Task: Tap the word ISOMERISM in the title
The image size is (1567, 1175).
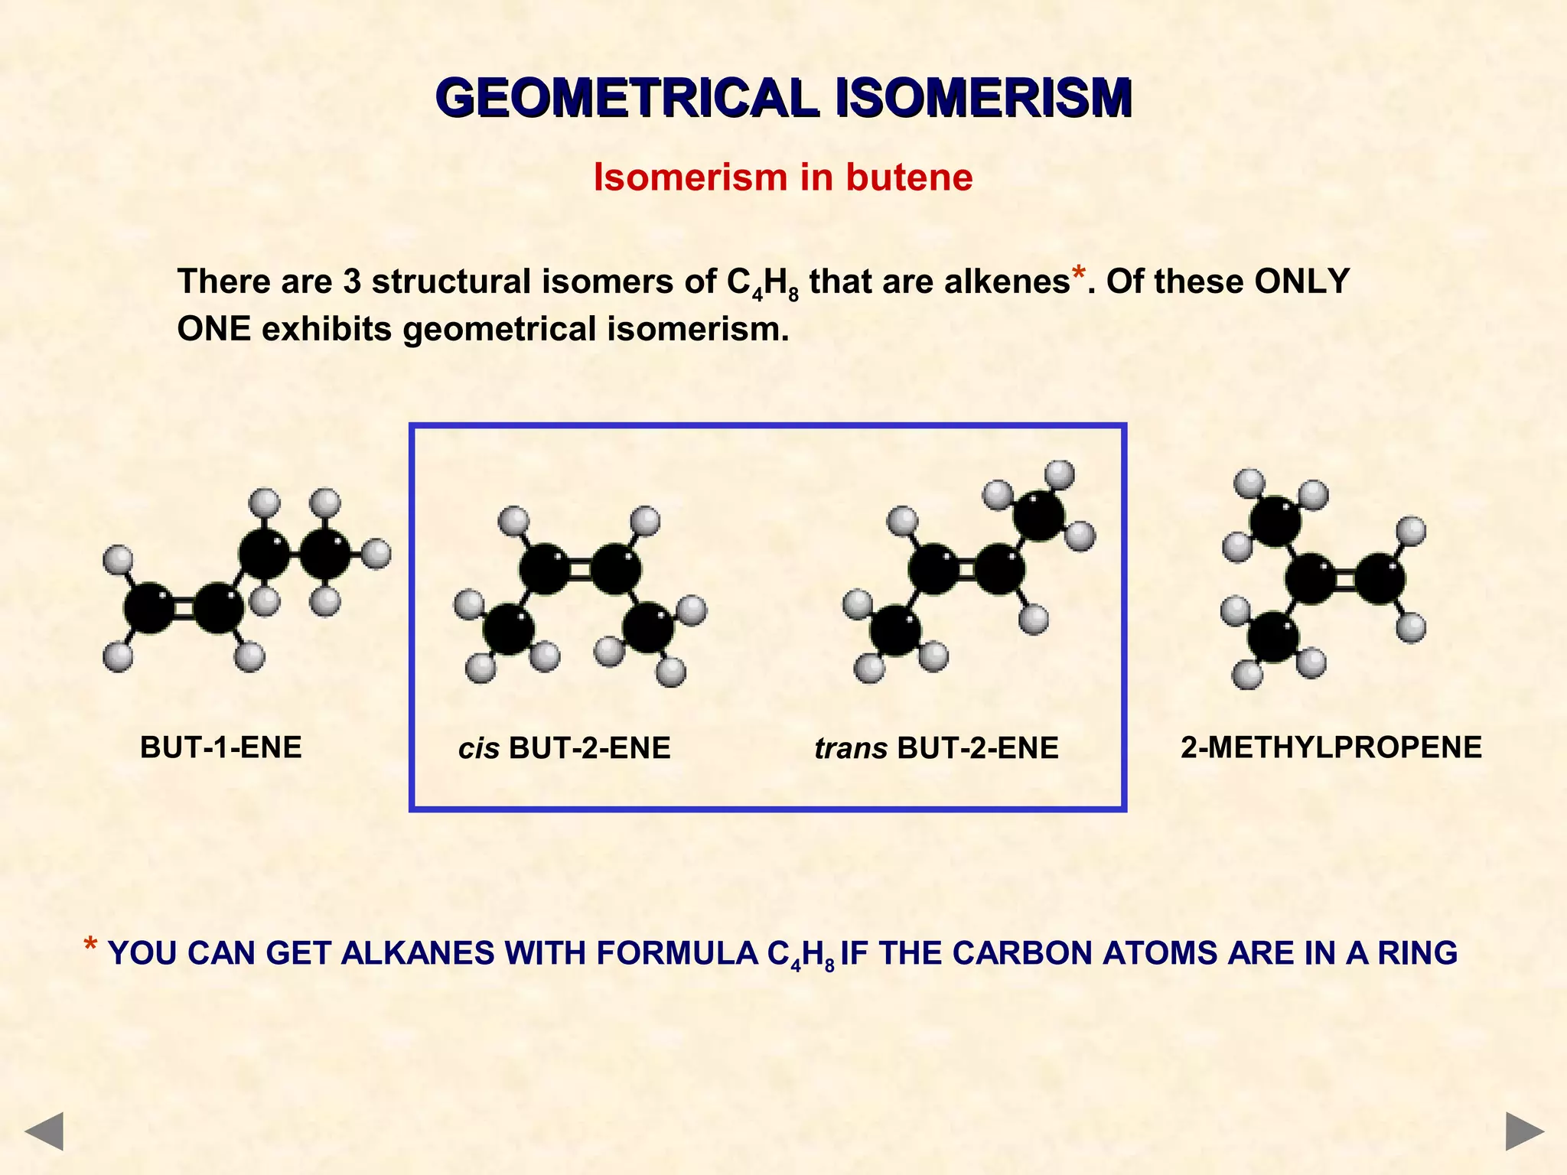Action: pyautogui.click(x=984, y=98)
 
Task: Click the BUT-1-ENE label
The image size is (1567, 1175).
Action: pyautogui.click(x=220, y=747)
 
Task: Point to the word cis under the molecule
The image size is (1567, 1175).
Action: pyautogui.click(x=478, y=749)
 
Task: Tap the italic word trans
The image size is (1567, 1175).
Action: pyautogui.click(x=850, y=749)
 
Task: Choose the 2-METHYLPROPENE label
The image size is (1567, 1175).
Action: pyautogui.click(x=1331, y=747)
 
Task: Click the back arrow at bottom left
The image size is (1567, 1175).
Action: pyautogui.click(x=44, y=1131)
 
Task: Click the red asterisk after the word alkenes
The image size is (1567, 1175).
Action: pyautogui.click(x=1078, y=274)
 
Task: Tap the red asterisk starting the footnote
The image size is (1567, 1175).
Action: pyautogui.click(x=90, y=946)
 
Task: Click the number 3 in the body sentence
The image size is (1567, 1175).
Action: pyautogui.click(x=352, y=282)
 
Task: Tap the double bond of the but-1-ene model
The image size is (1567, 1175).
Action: pyautogui.click(x=184, y=608)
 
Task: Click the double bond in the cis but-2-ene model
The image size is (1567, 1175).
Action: pyautogui.click(x=579, y=569)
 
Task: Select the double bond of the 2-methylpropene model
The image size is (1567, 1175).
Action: pyautogui.click(x=1345, y=579)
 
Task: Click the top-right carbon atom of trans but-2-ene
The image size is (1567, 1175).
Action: pyautogui.click(x=1038, y=515)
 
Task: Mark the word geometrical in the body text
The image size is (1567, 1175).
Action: pyautogui.click(x=499, y=329)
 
